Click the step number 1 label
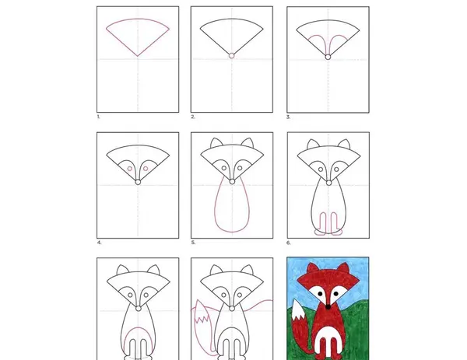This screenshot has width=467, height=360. (99, 117)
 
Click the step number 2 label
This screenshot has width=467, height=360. (193, 117)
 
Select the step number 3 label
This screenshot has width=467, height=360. (288, 117)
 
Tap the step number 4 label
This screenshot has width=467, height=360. (99, 243)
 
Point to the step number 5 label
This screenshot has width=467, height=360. (193, 243)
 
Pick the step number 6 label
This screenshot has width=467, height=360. (288, 243)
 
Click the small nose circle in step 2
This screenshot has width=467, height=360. (232, 56)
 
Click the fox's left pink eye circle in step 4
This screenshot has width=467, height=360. (130, 169)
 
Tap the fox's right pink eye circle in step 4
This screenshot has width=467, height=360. (146, 169)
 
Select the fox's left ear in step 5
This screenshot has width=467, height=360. (216, 143)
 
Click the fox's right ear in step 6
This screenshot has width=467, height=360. (344, 145)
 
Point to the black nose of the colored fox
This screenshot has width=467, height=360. (328, 307)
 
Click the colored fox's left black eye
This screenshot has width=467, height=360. (320, 294)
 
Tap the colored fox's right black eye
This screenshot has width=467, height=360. (336, 294)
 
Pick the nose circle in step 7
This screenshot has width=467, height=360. (139, 309)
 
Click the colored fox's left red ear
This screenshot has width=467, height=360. (312, 268)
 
